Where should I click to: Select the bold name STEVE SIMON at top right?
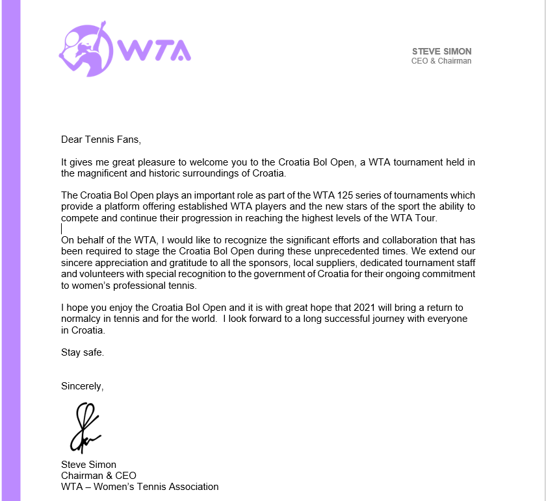pos(442,51)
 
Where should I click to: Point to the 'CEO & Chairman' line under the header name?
pos(441,61)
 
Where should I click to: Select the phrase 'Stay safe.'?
pos(83,352)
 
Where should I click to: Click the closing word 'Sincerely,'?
pos(82,386)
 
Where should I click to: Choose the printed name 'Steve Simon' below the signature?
pos(88,464)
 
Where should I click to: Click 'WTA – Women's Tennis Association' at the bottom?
pos(140,486)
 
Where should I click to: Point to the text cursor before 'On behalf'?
pos(62,228)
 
